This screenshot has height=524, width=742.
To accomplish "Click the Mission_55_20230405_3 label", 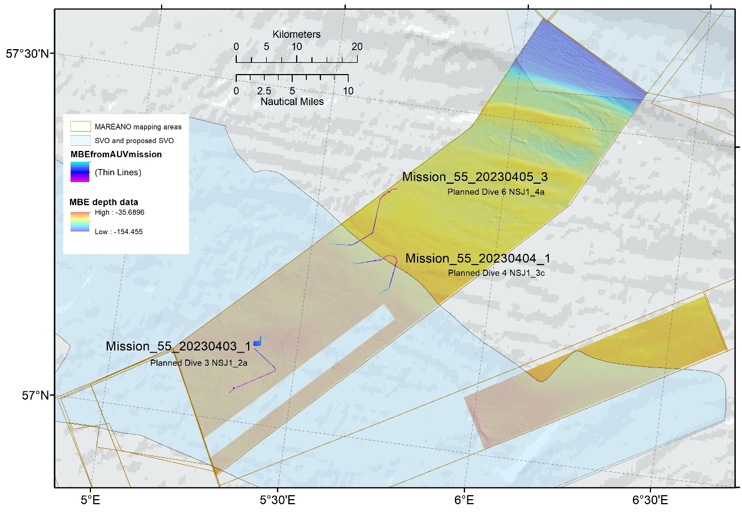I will [475, 177].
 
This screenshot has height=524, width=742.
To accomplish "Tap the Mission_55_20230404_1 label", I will [478, 258].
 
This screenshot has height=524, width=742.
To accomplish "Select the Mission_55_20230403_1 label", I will [178, 346].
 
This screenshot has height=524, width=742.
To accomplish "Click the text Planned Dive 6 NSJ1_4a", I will [496, 192].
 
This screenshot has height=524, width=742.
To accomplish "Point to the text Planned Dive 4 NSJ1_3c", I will [496, 273].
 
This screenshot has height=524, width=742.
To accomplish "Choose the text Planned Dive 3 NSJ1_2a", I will [198, 363].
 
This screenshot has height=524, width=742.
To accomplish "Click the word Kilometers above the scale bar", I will [296, 34].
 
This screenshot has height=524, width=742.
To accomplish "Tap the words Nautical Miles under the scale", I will [292, 102].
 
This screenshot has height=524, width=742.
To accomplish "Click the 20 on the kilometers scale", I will [357, 47].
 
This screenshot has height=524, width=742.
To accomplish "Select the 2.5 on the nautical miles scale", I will [264, 91].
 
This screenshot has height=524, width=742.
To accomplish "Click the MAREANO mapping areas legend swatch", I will [80, 127].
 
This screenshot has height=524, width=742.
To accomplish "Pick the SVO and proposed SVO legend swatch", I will [80, 140].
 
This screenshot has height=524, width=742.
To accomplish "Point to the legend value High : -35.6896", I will [119, 213].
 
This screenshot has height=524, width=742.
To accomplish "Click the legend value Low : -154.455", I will [119, 232].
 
